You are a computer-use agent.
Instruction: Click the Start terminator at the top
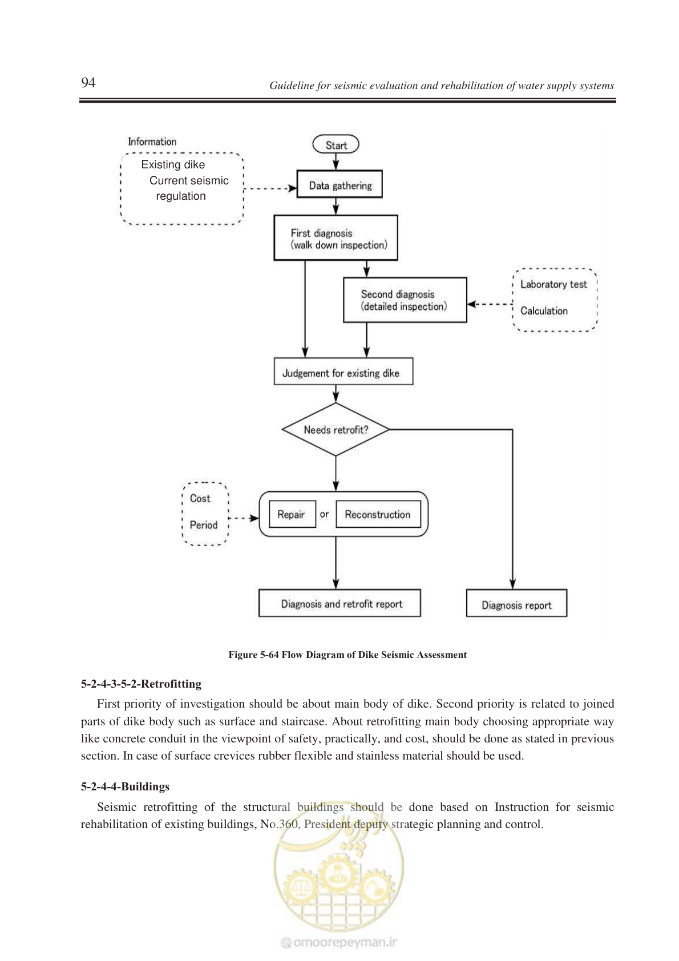[336, 144]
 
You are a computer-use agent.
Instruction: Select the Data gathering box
[339, 184]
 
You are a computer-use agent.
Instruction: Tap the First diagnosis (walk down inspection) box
[336, 237]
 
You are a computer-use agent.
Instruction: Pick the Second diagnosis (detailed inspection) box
[405, 300]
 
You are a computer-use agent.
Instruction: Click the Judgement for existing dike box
[343, 372]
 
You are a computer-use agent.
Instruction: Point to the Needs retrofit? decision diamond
[336, 429]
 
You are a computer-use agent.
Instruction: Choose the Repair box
[292, 514]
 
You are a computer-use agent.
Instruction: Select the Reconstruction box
[378, 514]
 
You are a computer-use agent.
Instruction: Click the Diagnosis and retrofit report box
[339, 603]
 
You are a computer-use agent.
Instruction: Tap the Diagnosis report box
[516, 603]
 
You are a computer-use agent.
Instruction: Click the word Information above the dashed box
[152, 142]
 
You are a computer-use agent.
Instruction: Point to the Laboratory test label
[553, 284]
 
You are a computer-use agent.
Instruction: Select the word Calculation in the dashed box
[544, 310]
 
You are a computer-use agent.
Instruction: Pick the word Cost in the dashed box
[200, 499]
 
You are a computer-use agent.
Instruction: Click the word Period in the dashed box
[203, 524]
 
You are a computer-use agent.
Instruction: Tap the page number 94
[88, 82]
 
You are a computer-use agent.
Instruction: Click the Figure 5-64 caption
[347, 655]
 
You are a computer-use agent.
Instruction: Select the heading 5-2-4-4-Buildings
[126, 786]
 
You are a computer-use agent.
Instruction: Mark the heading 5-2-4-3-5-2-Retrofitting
[141, 684]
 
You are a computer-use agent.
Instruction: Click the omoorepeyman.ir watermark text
[339, 942]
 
